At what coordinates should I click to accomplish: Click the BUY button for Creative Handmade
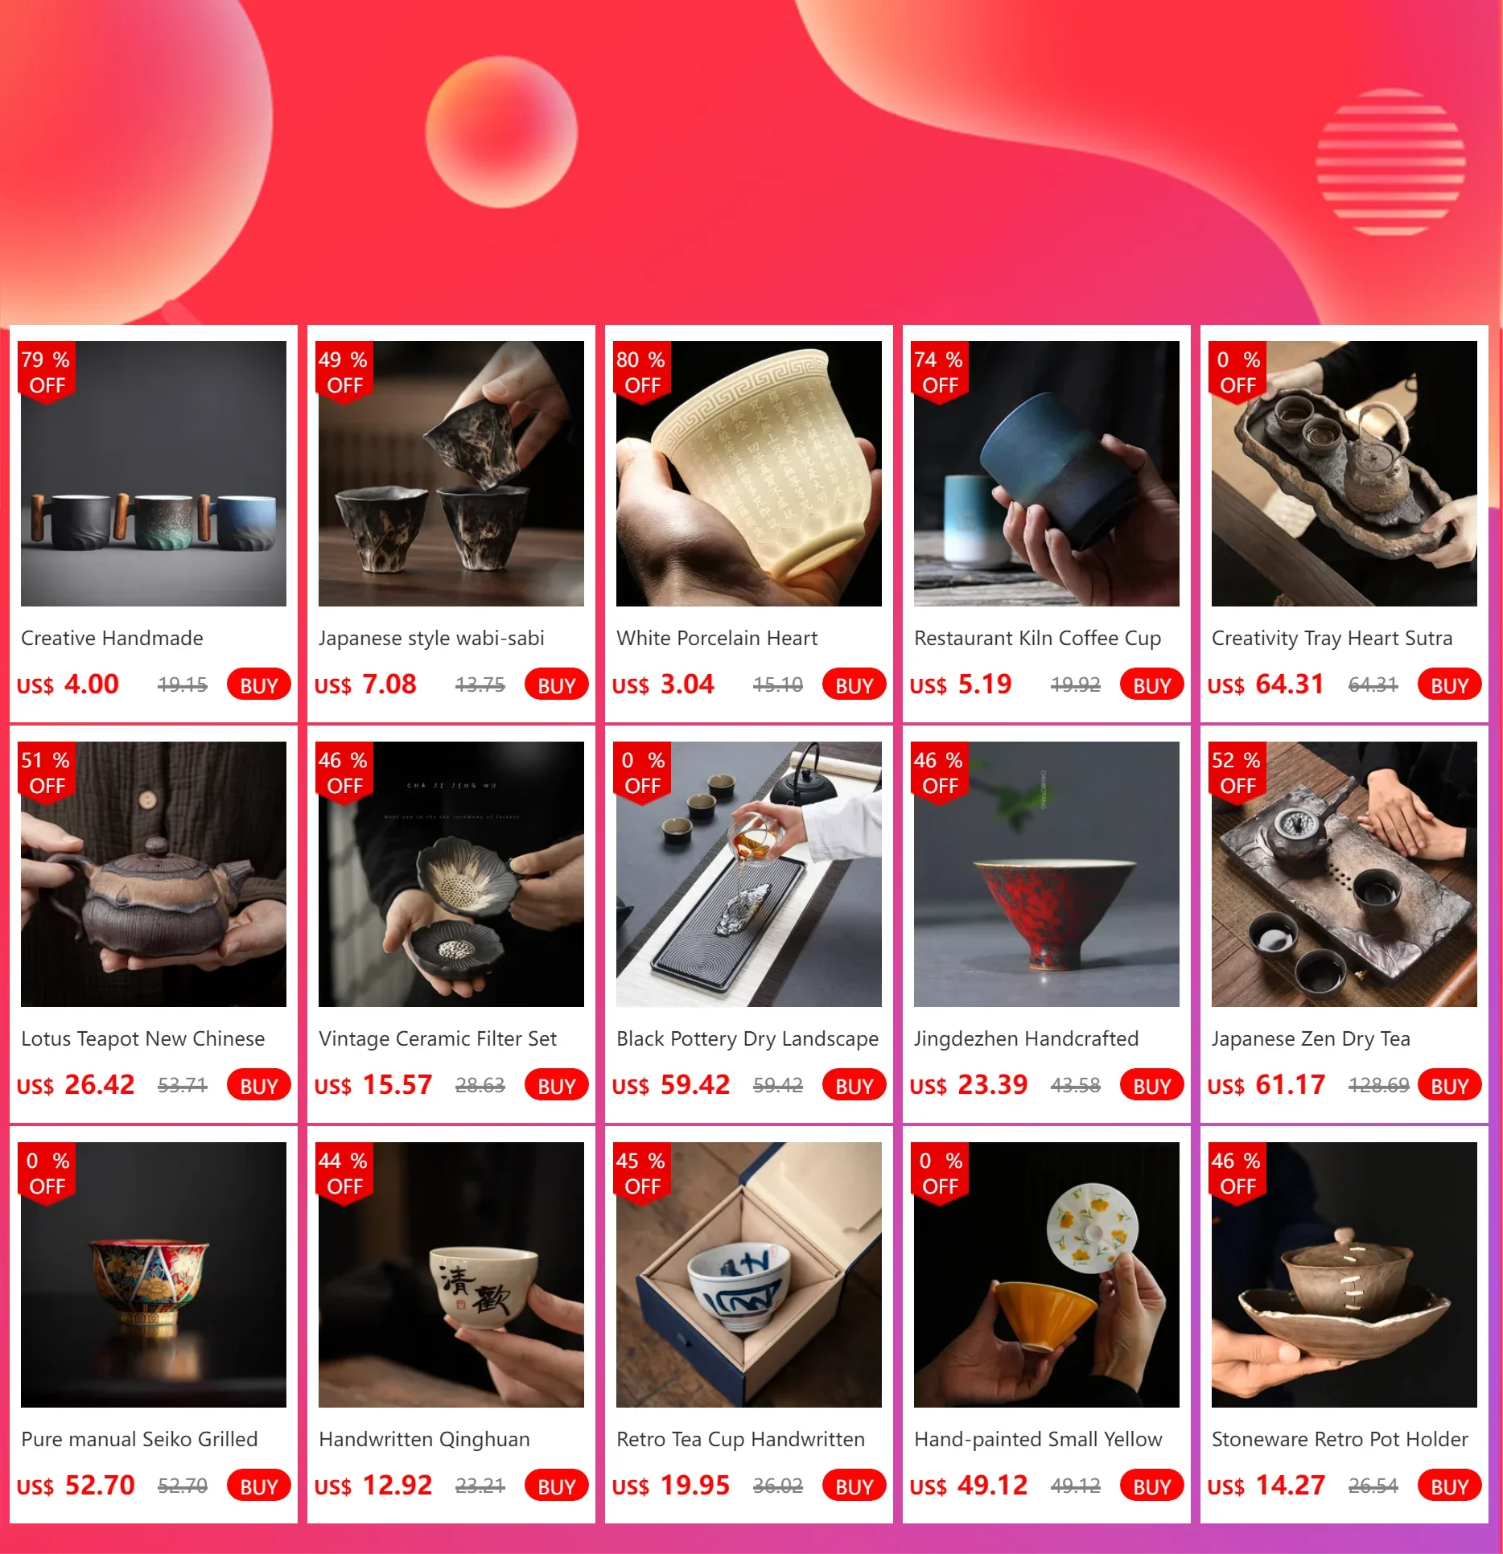click(258, 684)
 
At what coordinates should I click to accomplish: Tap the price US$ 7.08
click(365, 684)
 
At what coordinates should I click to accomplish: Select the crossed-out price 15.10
click(777, 684)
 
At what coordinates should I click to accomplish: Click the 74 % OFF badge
click(939, 372)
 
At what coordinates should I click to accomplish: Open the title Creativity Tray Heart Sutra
click(1332, 639)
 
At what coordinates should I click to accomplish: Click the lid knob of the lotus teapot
click(157, 846)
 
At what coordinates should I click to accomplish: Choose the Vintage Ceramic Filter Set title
click(438, 1039)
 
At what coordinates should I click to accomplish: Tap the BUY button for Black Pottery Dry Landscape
click(854, 1085)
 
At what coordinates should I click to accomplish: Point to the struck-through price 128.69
click(1378, 1085)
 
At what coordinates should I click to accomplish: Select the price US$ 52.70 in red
click(76, 1486)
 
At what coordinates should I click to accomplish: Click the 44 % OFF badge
click(344, 1173)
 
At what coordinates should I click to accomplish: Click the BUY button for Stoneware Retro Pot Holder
click(1449, 1486)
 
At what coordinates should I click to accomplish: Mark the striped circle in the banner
click(1390, 162)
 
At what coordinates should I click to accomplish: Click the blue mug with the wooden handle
click(242, 523)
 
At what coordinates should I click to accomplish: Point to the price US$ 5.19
click(961, 684)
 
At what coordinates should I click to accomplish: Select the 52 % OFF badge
click(1237, 772)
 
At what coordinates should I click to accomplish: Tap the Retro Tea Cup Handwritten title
click(740, 1440)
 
